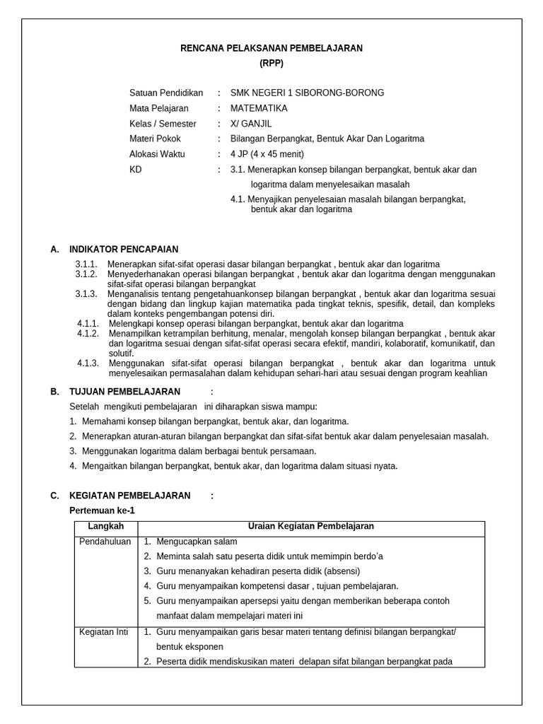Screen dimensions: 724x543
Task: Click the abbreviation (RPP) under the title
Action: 271,62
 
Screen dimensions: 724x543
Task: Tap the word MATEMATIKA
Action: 259,109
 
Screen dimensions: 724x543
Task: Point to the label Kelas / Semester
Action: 163,124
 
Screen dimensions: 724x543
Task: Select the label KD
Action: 136,170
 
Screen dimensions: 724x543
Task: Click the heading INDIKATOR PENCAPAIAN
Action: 124,249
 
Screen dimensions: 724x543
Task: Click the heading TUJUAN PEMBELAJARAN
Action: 124,392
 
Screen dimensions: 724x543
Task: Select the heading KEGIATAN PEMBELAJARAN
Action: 129,496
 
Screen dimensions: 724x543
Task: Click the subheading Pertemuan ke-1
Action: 101,510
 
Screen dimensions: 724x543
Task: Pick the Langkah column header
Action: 106,527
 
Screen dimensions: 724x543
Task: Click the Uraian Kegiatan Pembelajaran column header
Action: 310,527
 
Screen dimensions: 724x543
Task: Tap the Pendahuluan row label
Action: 103,541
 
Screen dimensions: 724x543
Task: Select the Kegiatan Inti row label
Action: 103,632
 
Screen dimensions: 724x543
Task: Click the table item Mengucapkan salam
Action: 197,542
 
